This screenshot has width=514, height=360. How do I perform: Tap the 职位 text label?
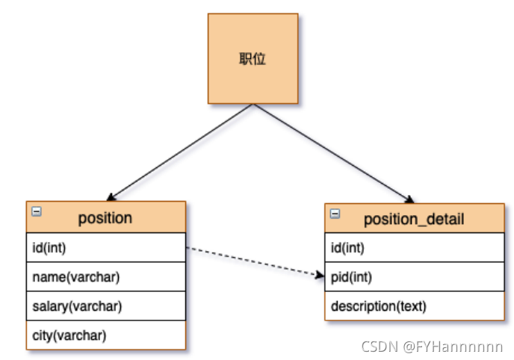click(x=253, y=58)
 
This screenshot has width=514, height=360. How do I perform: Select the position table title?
click(x=105, y=218)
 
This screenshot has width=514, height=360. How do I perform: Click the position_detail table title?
click(x=413, y=219)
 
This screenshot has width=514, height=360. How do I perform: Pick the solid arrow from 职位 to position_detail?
click(x=332, y=153)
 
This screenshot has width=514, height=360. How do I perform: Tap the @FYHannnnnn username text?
click(x=454, y=347)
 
